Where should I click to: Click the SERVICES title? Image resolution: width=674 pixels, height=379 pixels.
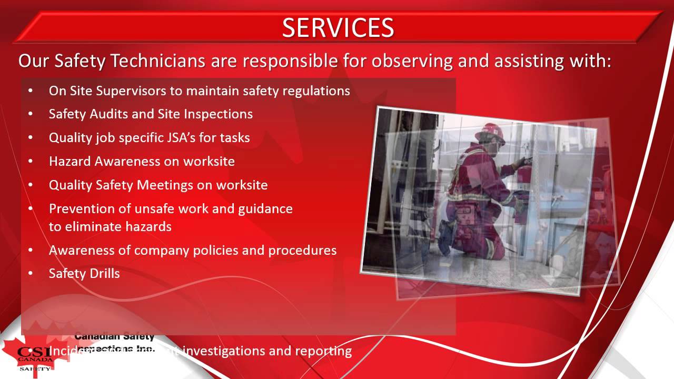coord(338,27)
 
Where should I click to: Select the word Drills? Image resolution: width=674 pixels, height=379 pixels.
coord(104,274)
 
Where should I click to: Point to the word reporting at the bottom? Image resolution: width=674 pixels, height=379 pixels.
coord(323,351)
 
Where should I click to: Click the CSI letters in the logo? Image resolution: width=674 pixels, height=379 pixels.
coord(35,352)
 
